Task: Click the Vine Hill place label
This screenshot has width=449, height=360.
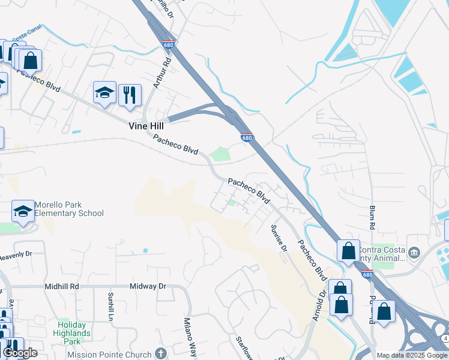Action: [x=146, y=127]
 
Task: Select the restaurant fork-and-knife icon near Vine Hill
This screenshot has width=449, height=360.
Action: [x=130, y=95]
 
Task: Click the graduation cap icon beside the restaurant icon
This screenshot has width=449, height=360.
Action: [x=104, y=93]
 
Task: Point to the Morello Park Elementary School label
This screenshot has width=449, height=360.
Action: [x=68, y=209]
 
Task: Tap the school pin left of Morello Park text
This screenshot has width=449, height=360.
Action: [x=23, y=211]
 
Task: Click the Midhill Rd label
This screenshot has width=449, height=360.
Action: [x=62, y=287]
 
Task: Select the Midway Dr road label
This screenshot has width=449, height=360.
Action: [x=148, y=287]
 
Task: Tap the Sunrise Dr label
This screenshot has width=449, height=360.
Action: [x=279, y=238]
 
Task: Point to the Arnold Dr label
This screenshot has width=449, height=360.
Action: [x=319, y=305]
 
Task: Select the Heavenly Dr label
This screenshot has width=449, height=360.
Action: [x=19, y=255]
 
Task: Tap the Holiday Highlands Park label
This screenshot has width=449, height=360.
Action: [x=71, y=333]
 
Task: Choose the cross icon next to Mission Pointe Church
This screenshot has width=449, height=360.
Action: [x=160, y=353]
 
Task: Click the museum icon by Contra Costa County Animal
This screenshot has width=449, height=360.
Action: [x=414, y=253]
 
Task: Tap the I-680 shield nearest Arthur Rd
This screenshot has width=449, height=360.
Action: [x=169, y=44]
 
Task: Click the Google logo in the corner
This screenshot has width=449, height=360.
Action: [x=20, y=353]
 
